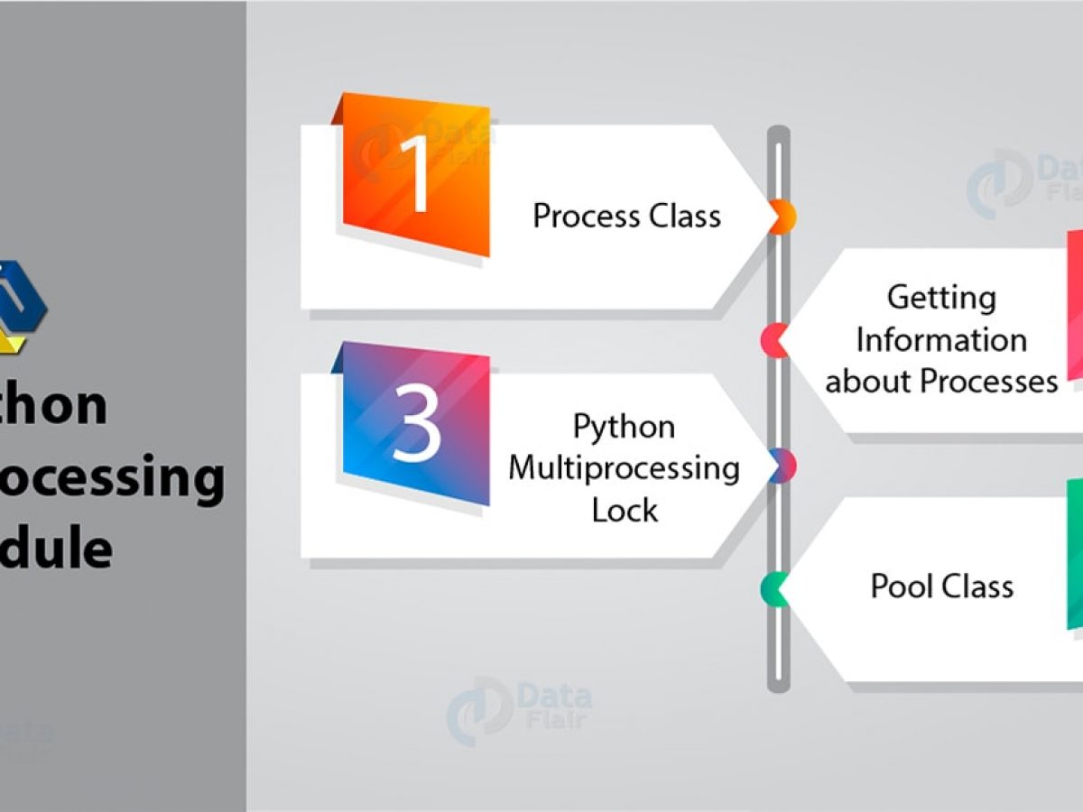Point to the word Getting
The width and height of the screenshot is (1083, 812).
[941, 298]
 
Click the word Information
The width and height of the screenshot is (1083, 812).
[941, 340]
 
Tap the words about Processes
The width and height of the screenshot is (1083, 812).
[941, 382]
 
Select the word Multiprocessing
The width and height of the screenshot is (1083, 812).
[624, 468]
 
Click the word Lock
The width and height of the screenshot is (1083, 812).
[624, 511]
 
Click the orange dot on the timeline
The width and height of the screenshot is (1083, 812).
[782, 217]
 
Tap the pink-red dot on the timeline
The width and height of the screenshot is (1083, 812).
[774, 340]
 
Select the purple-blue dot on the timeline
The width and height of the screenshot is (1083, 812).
[782, 466]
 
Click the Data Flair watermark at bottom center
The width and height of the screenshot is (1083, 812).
[520, 708]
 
